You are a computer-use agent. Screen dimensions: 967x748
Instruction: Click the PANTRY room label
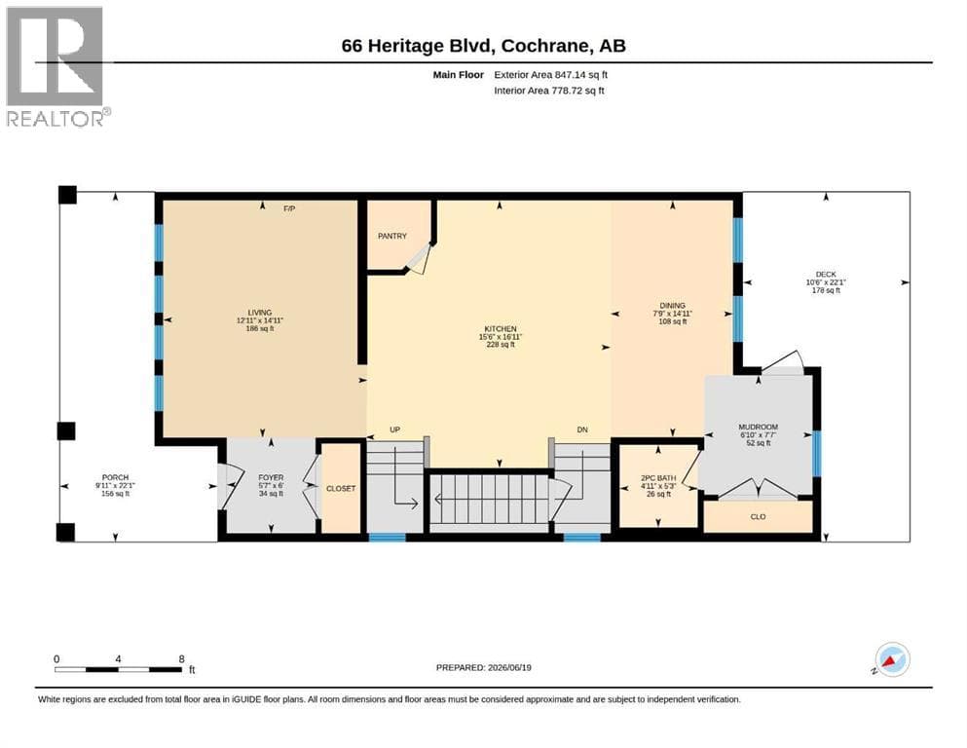pyautogui.click(x=392, y=236)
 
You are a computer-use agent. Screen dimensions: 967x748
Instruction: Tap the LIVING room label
pyautogui.click(x=260, y=313)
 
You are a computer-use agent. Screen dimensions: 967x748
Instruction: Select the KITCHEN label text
pyautogui.click(x=501, y=329)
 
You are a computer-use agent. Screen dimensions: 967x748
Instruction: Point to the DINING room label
pyautogui.click(x=672, y=305)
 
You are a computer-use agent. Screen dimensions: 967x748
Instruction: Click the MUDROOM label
pyautogui.click(x=758, y=427)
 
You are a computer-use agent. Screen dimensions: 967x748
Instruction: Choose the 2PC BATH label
pyautogui.click(x=658, y=478)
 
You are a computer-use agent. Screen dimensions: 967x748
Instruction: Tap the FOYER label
pyautogui.click(x=271, y=477)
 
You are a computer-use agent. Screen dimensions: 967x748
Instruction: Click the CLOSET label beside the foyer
pyautogui.click(x=341, y=488)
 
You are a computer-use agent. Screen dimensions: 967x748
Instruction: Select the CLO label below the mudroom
pyautogui.click(x=758, y=517)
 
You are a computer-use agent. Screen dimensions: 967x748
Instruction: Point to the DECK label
pyautogui.click(x=826, y=275)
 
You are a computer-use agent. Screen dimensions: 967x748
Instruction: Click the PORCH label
pyautogui.click(x=115, y=477)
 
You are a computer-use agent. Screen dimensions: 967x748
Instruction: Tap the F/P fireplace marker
pyautogui.click(x=289, y=209)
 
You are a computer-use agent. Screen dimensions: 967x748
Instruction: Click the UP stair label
pyautogui.click(x=394, y=430)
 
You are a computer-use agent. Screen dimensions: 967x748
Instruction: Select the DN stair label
pyautogui.click(x=582, y=430)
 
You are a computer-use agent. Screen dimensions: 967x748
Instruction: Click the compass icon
pyautogui.click(x=892, y=659)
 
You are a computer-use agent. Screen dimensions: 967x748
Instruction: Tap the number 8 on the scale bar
pyautogui.click(x=181, y=658)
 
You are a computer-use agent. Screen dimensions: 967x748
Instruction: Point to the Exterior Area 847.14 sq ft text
pyautogui.click(x=551, y=75)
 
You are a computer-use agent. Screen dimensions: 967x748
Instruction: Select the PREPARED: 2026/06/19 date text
pyautogui.click(x=483, y=667)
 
